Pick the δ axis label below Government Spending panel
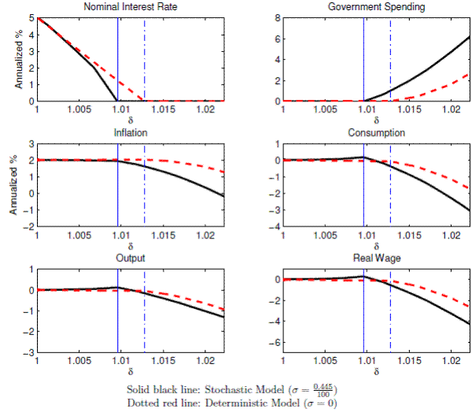tap(377, 120)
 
